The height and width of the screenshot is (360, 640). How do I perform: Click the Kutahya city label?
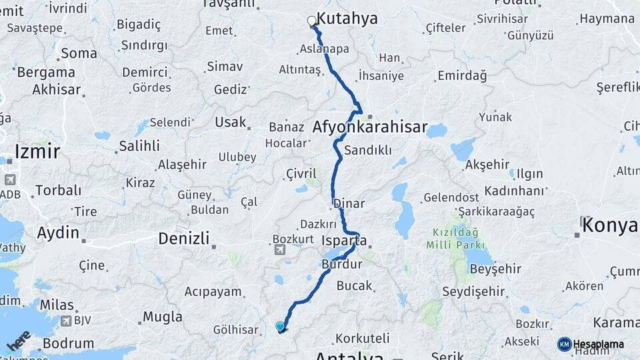347,19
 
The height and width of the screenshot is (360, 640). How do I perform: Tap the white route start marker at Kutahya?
311,21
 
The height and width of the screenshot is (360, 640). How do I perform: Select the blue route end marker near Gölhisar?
280,326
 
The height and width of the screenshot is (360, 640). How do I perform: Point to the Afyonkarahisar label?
370,127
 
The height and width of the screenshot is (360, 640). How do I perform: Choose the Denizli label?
184,238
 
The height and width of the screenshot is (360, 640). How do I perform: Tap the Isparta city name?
344,241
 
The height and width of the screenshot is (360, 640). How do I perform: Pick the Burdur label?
341,265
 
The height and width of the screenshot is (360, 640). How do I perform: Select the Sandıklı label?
369,150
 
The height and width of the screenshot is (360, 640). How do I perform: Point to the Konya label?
609,226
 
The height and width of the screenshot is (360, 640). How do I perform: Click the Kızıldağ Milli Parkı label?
455,237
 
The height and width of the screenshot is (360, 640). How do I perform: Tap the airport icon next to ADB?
10,180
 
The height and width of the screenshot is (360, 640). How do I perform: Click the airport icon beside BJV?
65,321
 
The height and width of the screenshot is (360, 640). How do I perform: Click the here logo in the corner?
18,341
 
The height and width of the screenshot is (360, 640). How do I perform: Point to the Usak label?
231,123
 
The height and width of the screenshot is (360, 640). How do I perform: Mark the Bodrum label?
69,344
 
